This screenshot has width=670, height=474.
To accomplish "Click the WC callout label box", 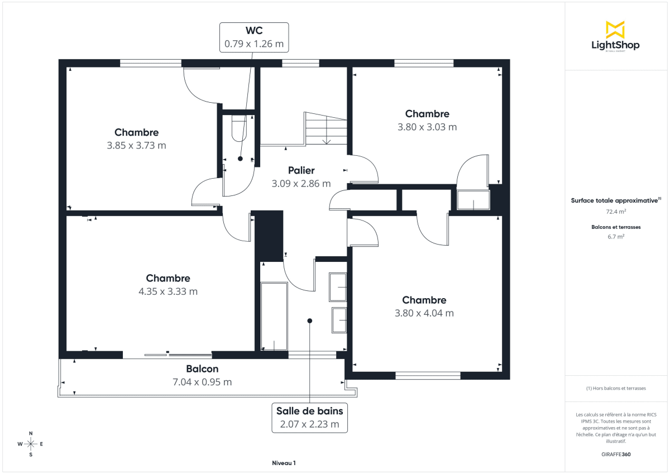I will click(x=254, y=37).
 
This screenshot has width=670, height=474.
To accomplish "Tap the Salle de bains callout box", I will click(x=309, y=417).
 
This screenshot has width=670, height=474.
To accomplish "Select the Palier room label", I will click(x=301, y=170).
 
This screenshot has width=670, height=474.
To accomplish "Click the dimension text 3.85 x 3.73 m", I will click(x=136, y=146).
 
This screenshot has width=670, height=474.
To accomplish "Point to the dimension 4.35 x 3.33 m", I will click(x=168, y=291).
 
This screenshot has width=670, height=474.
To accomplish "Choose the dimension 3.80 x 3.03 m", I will click(x=427, y=127).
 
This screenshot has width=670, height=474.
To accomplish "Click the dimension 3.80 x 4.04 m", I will click(x=424, y=313).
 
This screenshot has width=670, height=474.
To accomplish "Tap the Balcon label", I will click(x=202, y=369).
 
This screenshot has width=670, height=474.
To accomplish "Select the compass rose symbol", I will click(x=31, y=444).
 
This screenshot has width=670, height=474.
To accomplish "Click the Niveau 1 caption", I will click(x=284, y=463).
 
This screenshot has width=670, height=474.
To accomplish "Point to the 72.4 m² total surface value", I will click(x=616, y=212).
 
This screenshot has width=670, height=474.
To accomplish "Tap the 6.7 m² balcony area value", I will click(x=616, y=236).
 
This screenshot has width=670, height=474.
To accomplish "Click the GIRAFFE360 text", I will click(x=616, y=454).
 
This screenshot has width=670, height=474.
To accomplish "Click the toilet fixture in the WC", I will click(x=238, y=128).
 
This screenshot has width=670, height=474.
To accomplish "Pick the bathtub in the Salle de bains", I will click(x=274, y=317).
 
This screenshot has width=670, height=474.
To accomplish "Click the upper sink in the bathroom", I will click(x=338, y=288).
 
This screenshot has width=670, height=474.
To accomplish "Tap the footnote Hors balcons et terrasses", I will click(x=616, y=388).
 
